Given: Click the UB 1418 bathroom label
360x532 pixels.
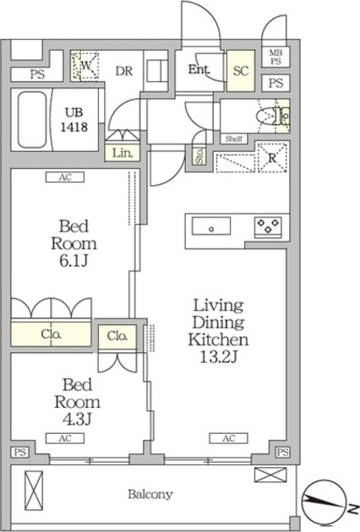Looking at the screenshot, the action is [x=74, y=120].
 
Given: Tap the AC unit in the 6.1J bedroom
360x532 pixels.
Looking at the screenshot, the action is [x=65, y=177].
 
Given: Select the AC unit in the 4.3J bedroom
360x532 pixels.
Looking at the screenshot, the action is [x=65, y=438].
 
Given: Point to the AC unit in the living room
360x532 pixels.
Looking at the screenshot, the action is [x=228, y=438].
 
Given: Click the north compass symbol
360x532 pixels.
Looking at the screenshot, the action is [x=324, y=502].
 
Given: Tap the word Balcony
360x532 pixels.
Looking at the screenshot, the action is [x=150, y=494].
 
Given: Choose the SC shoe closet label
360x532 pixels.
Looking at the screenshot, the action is [x=241, y=71].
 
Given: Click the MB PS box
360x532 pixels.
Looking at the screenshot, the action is [x=275, y=57].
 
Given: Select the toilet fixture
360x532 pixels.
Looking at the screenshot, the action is [x=274, y=117].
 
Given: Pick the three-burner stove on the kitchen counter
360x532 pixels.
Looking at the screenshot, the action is [x=268, y=226].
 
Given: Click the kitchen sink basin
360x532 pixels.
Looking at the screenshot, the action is [x=211, y=226].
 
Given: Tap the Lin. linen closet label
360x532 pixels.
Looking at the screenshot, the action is [x=123, y=153].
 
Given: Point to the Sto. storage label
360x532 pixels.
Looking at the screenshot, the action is [x=199, y=156].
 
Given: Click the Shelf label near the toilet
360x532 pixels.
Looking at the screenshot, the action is [x=233, y=138].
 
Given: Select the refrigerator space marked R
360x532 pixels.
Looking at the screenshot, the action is [x=272, y=158].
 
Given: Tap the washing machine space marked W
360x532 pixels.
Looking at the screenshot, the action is [x=85, y=66].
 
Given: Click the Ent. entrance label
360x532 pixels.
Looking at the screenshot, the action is [x=199, y=69].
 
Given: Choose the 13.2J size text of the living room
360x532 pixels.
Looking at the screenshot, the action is [x=218, y=357].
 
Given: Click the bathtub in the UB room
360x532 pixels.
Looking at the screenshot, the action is [x=31, y=120].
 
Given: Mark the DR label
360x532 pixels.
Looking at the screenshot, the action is [x=124, y=71].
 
